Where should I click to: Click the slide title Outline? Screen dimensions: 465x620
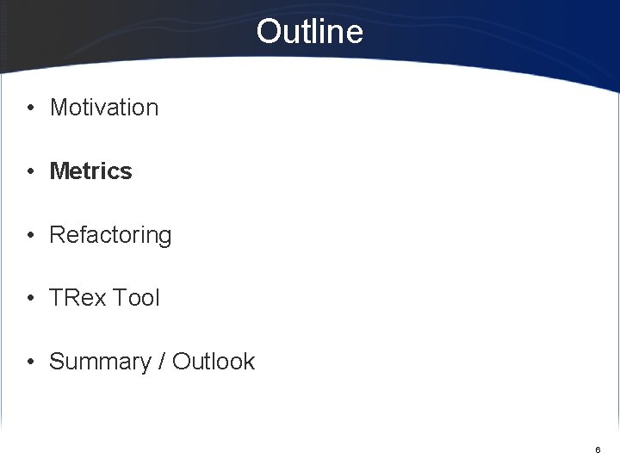point(309,32)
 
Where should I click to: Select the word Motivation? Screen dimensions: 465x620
point(104,108)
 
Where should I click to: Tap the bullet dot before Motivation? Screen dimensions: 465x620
point(30,108)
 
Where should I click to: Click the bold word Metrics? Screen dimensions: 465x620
point(91,171)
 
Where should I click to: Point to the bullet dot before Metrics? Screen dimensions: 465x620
point(30,172)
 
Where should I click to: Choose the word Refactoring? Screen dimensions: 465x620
point(110,235)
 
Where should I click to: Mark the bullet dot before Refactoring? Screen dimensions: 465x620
point(30,235)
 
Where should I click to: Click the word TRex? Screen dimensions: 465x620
point(77,298)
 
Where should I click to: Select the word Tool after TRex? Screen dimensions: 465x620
point(135,298)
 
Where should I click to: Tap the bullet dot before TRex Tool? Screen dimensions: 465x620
point(30,299)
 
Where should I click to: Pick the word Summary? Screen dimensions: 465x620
point(100,362)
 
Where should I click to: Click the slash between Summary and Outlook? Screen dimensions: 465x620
point(162,362)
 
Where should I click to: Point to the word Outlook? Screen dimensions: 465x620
point(214,362)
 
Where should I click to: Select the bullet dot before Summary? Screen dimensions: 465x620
point(30,362)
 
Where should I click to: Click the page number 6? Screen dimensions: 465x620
point(598,450)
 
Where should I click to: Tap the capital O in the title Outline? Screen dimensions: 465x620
point(269,32)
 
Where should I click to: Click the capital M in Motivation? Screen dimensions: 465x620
point(59,108)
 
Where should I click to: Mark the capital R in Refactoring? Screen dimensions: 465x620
point(58,235)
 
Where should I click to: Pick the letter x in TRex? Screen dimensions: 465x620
point(99,299)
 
